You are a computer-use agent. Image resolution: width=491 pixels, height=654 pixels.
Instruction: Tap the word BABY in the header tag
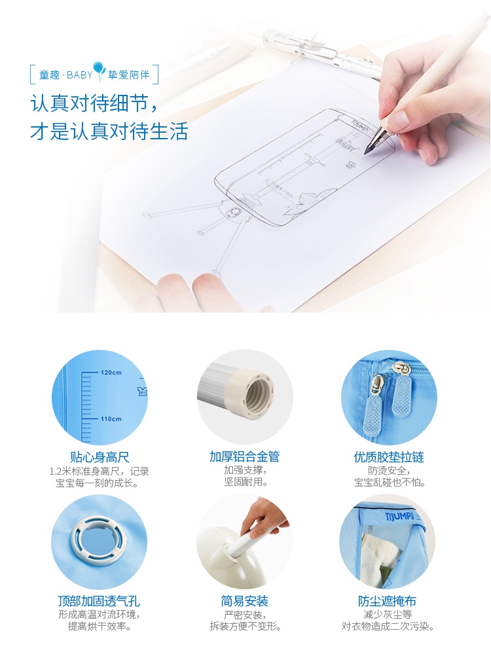tap(80, 75)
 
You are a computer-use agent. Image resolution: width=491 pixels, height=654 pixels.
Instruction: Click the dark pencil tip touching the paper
tap(367, 151)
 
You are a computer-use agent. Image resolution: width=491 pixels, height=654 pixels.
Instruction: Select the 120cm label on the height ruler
tap(111, 373)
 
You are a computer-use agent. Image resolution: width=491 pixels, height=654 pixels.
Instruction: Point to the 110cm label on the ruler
tap(111, 419)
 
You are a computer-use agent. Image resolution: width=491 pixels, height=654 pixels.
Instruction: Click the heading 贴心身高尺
tap(100, 457)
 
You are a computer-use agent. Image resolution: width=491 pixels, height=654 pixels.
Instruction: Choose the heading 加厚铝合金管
tap(245, 456)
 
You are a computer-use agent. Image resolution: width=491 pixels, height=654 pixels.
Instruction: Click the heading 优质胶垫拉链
tap(389, 457)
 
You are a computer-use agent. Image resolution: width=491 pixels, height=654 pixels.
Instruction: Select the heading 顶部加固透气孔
tap(99, 601)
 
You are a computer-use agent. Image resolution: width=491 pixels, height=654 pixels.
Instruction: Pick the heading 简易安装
tap(245, 601)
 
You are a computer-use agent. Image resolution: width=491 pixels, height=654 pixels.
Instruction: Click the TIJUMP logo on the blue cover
tap(399, 517)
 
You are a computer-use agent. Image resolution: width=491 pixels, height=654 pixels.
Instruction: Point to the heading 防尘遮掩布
tap(387, 601)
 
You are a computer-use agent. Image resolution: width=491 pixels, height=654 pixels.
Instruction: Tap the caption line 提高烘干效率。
tap(100, 626)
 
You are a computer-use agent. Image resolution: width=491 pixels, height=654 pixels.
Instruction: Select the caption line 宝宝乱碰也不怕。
tap(390, 483)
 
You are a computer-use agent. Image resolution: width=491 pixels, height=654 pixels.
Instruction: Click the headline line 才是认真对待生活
tap(109, 131)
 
